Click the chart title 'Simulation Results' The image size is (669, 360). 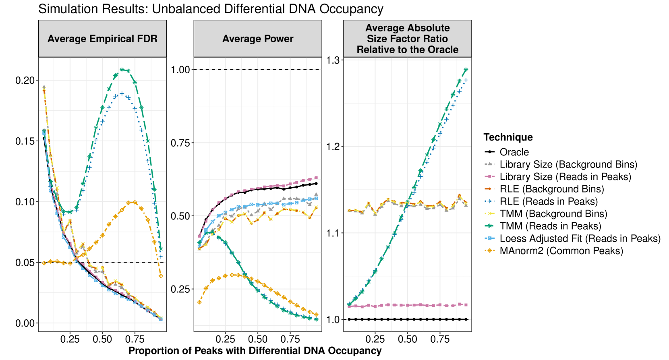[210, 9]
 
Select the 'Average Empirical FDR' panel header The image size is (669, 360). [102, 39]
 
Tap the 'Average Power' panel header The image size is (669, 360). [258, 39]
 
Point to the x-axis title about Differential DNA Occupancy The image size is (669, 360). [255, 350]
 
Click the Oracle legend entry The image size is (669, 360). [514, 152]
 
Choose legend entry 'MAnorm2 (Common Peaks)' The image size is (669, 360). [561, 251]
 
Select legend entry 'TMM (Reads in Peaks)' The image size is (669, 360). [550, 226]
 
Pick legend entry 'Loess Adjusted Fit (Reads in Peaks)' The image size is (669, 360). [580, 238]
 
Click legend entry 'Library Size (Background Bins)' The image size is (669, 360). [568, 164]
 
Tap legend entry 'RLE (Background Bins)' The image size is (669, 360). [552, 189]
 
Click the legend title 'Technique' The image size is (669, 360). [508, 137]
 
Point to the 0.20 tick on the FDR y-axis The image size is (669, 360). [25, 80]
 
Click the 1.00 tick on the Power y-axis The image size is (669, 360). [180, 70]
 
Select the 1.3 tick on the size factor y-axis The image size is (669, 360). [333, 60]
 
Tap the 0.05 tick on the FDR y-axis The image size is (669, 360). [25, 263]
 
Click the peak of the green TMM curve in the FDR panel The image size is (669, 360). [122, 69]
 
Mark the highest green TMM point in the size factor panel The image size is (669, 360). [466, 70]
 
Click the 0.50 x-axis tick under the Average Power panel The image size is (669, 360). [258, 339]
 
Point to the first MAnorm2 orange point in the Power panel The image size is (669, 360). [199, 302]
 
